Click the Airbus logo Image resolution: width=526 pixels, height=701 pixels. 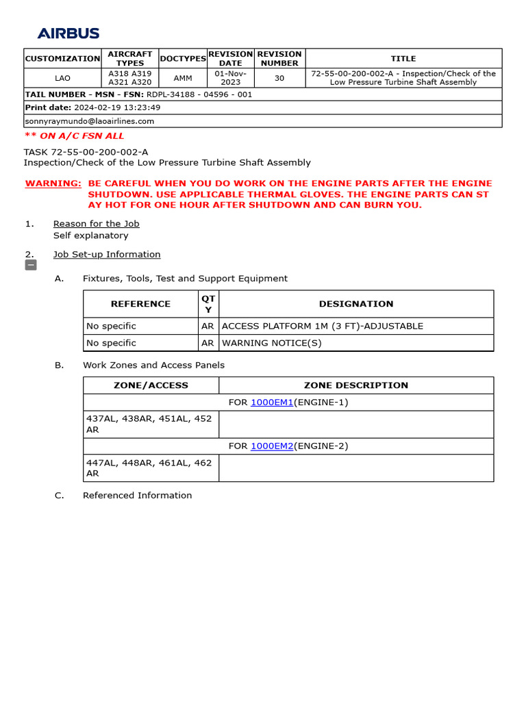[68, 34]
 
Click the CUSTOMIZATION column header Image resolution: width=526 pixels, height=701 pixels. [62, 59]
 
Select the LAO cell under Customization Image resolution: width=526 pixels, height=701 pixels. [62, 78]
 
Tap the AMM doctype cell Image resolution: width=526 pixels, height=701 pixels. [183, 78]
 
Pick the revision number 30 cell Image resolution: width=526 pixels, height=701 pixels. [279, 78]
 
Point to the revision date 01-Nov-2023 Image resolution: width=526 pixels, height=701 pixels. [231, 77]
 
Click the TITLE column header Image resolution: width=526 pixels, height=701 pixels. [403, 59]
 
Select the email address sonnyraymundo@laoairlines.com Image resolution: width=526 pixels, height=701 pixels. [90, 121]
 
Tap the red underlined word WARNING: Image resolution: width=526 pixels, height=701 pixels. [53, 183]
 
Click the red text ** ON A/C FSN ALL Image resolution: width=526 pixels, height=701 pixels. [74, 136]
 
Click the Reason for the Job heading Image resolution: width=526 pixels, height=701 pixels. [96, 224]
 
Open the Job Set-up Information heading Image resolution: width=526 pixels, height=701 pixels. [107, 255]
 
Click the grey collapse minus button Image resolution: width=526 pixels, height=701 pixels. [31, 265]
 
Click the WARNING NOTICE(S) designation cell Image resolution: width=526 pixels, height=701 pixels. [272, 343]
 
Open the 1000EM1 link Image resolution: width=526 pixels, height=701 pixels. [272, 403]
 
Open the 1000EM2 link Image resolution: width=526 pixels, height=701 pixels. [272, 446]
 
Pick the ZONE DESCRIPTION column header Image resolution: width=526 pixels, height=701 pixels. [356, 385]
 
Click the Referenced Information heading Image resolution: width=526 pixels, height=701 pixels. [137, 496]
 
